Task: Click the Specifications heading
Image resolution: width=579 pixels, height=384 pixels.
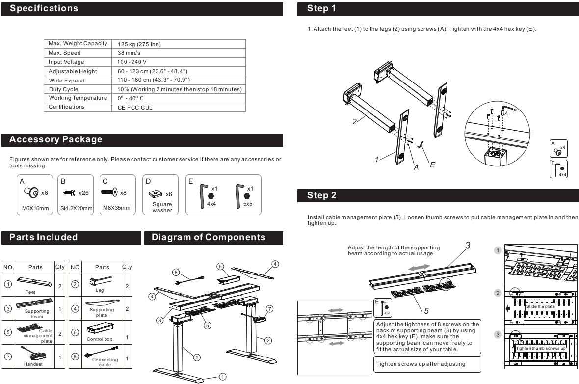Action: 44,9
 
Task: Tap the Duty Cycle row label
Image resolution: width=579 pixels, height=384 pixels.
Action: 63,90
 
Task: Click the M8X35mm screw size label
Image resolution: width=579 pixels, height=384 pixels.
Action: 116,208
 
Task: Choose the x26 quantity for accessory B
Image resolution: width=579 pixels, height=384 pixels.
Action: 86,193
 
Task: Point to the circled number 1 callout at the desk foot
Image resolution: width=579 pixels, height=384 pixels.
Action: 222,376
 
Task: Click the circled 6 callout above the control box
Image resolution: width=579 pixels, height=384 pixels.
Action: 221,266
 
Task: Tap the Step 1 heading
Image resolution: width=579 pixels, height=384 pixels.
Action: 322,9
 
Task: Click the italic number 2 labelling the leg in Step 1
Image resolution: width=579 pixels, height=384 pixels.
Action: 355,122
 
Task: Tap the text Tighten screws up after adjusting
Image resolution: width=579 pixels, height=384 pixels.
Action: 421,364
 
